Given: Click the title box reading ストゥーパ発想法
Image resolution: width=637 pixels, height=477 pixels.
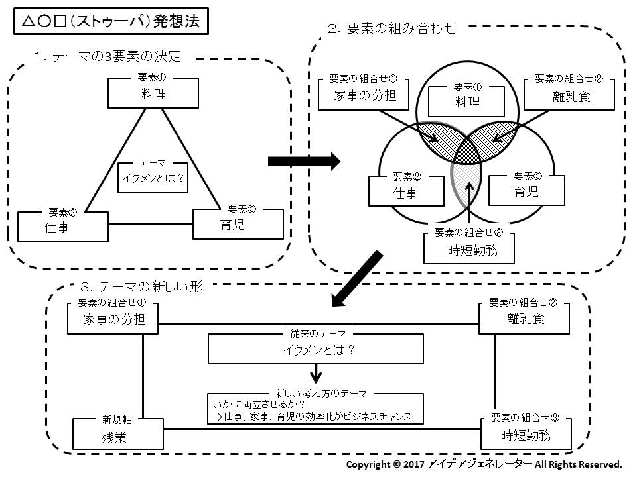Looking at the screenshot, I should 110,21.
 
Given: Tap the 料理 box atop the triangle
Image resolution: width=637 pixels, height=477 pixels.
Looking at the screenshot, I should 154,93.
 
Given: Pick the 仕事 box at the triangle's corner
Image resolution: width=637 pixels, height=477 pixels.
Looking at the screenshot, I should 63,227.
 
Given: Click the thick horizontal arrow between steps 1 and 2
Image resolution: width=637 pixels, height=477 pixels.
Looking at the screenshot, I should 303,160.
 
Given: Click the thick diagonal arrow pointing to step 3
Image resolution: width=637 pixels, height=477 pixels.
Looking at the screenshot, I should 357,280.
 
